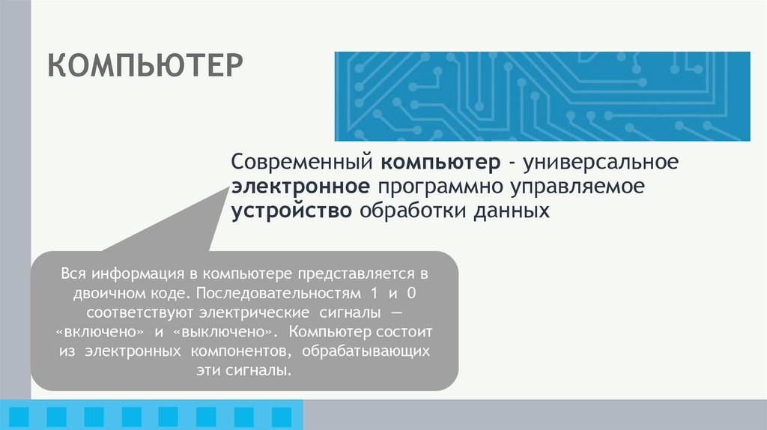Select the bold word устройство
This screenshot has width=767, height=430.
(292, 211)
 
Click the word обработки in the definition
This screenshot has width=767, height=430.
(410, 211)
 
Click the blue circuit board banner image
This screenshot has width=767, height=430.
(542, 96)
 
